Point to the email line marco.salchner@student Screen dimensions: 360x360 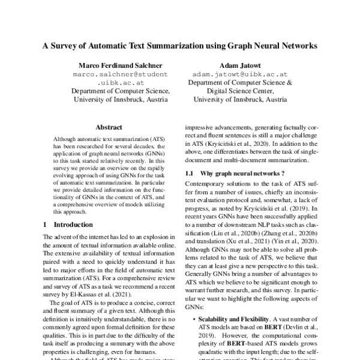point(121,74)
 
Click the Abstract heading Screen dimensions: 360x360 point(109,127)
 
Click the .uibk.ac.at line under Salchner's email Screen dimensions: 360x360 point(121,83)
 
